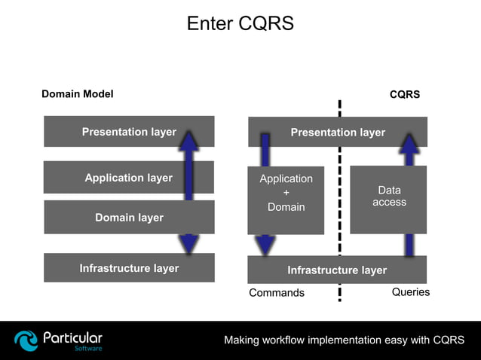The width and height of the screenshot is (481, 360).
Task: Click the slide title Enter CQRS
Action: click(240, 24)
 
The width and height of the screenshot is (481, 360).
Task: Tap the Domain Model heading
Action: click(77, 94)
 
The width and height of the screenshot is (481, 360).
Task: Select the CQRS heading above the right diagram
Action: click(404, 95)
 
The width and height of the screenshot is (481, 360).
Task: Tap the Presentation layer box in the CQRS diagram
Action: click(338, 133)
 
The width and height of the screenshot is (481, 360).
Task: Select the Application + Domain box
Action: click(286, 193)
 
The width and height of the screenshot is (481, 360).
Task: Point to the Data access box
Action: click(389, 197)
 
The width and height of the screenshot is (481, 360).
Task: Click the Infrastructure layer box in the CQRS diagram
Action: click(337, 270)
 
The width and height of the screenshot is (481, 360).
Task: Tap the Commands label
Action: click(277, 293)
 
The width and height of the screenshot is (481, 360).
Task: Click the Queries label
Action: click(411, 292)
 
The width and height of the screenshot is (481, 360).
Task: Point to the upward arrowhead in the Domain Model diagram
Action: click(188, 140)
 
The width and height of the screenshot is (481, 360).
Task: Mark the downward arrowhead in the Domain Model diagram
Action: click(188, 243)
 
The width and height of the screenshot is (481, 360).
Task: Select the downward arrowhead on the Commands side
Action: click(265, 246)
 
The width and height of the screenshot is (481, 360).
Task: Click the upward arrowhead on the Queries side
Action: click(409, 143)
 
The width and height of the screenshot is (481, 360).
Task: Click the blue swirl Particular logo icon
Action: click(26, 340)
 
